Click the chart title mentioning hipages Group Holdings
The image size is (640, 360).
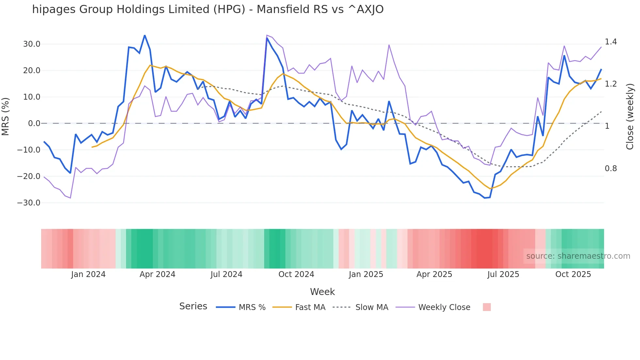tap(208, 9)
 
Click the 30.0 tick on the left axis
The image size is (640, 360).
tap(32, 44)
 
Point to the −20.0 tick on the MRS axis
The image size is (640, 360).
tap(29, 176)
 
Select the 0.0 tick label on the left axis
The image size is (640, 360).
tap(34, 123)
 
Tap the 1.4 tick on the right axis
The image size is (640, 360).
tap(611, 42)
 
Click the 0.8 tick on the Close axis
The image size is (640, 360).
tap(611, 169)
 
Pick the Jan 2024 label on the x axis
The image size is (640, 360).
tap(88, 274)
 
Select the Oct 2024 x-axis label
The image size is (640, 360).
tap(296, 274)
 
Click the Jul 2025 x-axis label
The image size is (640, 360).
tap(503, 274)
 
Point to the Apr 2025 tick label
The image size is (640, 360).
tap(434, 274)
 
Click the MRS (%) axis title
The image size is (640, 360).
tap(6, 117)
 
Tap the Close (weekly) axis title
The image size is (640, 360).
tap(630, 117)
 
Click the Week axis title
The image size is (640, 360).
tap(322, 292)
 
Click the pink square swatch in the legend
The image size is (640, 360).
tap(487, 307)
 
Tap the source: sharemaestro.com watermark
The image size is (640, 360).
tap(578, 256)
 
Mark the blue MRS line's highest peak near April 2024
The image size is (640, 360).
tap(145, 36)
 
